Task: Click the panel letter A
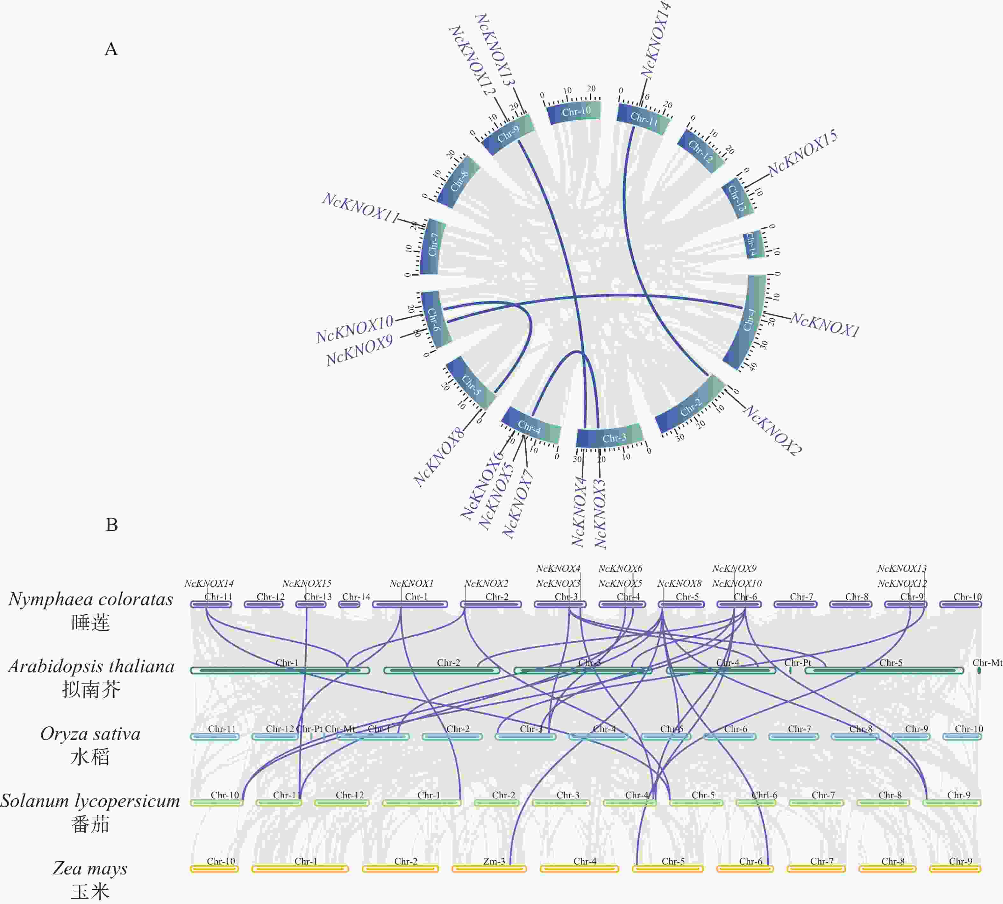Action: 111,49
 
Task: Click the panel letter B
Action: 112,525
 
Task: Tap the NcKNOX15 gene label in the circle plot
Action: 802,153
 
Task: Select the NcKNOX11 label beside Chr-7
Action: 361,208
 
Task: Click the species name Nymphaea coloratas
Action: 90,599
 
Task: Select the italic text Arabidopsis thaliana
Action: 91,666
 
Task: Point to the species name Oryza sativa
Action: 90,734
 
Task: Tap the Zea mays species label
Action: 90,868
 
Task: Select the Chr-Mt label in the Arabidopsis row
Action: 987,663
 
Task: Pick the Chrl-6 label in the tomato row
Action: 764,795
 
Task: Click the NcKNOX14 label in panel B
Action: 209,584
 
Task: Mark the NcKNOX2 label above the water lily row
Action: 486,584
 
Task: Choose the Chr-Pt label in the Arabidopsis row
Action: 797,663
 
